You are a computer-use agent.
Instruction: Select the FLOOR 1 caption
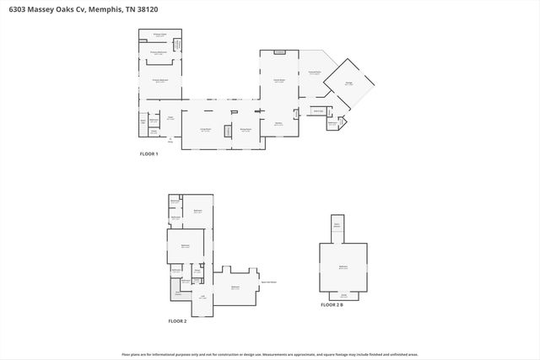(149, 155)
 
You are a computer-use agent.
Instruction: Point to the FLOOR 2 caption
(178, 321)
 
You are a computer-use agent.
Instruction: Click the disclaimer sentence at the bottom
(269, 354)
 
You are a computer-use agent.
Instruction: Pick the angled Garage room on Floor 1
(348, 83)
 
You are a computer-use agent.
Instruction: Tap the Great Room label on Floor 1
(278, 82)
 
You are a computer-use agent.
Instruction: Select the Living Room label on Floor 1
(204, 129)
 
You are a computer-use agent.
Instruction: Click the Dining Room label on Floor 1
(246, 129)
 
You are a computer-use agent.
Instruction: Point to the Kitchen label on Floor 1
(278, 123)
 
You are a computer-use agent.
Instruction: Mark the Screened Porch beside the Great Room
(314, 73)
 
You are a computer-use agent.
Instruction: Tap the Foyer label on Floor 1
(170, 118)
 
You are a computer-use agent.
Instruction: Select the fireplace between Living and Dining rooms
(226, 131)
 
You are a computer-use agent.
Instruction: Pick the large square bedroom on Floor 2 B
(343, 266)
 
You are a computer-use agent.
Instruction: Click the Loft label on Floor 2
(202, 296)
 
